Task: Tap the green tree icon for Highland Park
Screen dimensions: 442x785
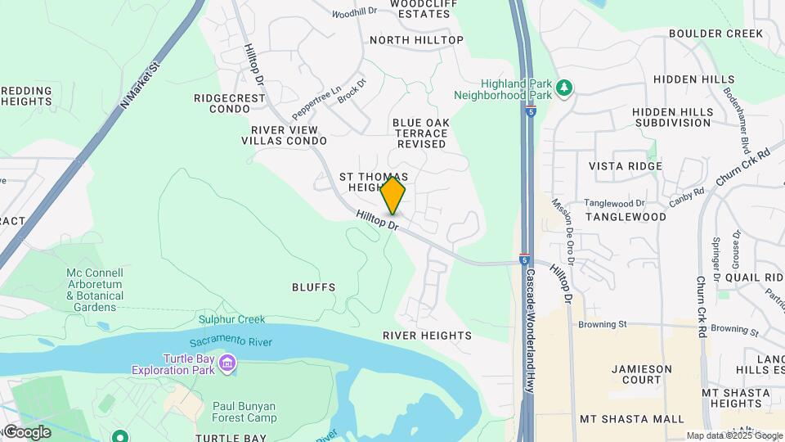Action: [563, 88]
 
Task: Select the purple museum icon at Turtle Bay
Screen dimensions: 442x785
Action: [227, 362]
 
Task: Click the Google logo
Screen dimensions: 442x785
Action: [26, 432]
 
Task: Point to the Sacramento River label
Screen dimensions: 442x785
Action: [231, 341]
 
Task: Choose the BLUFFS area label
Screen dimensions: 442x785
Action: [313, 287]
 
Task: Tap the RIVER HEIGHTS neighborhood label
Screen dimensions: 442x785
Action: [427, 336]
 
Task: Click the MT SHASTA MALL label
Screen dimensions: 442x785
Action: [631, 419]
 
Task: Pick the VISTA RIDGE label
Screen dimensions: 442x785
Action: [626, 166]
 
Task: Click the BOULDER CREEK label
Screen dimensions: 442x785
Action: [715, 34]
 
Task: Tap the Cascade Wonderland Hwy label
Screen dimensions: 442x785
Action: [530, 331]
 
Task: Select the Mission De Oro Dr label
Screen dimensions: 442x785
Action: [563, 231]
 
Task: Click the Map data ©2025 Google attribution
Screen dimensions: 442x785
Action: [733, 435]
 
